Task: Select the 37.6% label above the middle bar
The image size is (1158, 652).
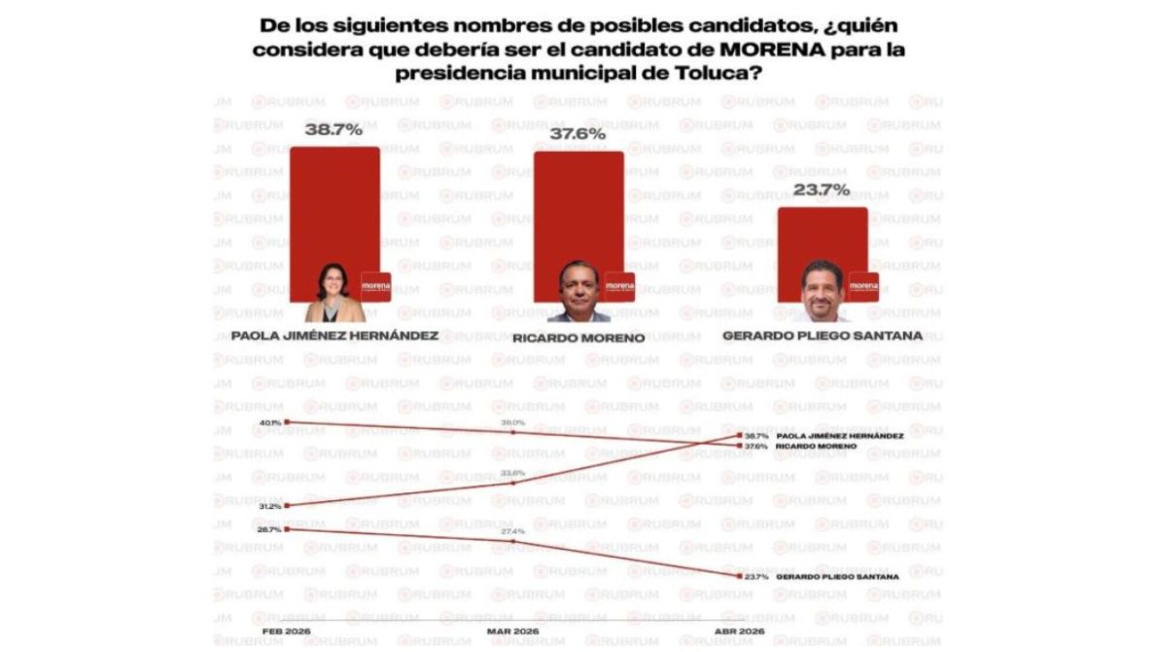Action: click(578, 134)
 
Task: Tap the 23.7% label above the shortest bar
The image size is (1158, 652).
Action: click(822, 190)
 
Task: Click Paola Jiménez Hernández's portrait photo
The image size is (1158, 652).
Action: click(335, 294)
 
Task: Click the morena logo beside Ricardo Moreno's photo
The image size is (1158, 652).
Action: click(619, 286)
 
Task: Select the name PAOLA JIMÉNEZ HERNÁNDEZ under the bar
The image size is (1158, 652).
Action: click(334, 336)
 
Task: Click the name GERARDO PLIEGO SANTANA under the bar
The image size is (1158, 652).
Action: click(823, 336)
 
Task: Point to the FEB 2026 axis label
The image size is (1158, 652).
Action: click(286, 631)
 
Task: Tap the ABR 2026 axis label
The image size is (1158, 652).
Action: click(737, 631)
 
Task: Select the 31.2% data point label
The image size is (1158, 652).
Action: click(270, 507)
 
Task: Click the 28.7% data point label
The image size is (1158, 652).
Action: click(270, 529)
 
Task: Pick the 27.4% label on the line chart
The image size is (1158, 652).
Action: click(512, 532)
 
